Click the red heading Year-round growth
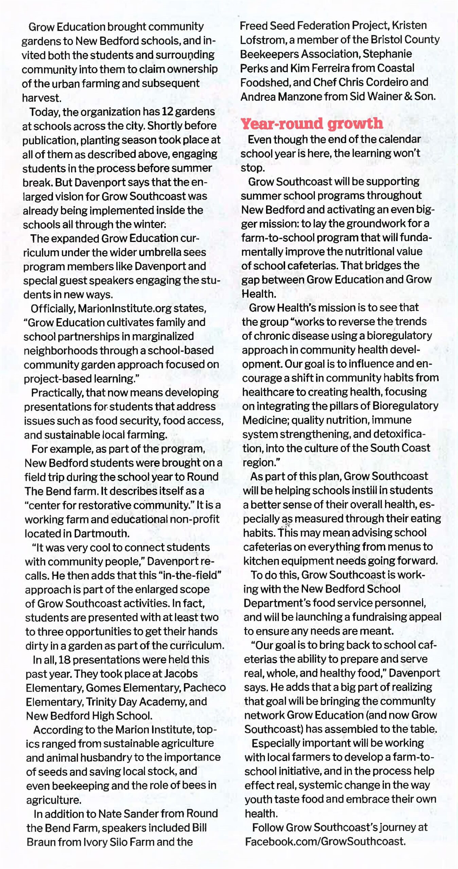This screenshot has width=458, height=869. (312, 124)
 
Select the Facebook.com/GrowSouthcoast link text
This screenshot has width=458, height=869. (325, 841)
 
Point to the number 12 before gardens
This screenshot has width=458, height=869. (168, 112)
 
